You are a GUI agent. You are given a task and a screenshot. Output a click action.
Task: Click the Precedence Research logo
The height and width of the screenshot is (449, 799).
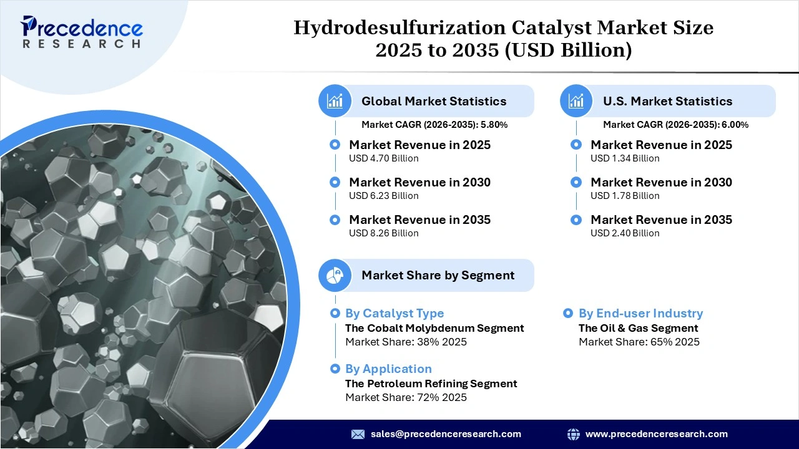[x=81, y=32]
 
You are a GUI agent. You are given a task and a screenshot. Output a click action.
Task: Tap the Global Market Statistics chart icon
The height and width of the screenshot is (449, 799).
[x=335, y=101]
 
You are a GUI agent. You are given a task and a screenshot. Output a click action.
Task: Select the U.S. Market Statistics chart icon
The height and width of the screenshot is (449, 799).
[x=577, y=101]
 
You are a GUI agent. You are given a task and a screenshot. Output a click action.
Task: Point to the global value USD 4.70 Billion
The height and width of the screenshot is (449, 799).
[x=383, y=158]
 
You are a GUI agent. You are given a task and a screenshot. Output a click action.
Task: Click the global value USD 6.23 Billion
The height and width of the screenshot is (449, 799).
[x=383, y=196]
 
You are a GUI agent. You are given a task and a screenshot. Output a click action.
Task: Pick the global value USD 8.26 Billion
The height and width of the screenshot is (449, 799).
[x=383, y=233]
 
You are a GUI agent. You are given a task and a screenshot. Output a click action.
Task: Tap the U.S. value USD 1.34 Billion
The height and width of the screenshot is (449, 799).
[x=625, y=158]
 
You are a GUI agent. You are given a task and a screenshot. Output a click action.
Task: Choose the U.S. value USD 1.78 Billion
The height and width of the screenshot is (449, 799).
[x=625, y=196]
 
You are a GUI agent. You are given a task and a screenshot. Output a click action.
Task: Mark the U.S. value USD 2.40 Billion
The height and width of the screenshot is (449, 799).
[x=625, y=233]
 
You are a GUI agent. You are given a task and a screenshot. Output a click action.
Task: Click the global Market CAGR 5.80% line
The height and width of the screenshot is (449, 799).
[x=434, y=125]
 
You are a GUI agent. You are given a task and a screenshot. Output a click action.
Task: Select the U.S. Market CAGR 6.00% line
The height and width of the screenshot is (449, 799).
[x=675, y=125]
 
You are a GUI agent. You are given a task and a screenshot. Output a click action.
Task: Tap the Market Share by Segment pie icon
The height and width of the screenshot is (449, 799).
[x=335, y=275]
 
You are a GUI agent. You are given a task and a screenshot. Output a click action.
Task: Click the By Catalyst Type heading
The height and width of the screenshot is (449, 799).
[x=395, y=314]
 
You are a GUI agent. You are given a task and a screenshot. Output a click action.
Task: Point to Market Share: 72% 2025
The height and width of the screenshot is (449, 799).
[x=406, y=397]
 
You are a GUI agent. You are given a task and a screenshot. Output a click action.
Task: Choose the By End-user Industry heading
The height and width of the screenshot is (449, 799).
[x=640, y=314]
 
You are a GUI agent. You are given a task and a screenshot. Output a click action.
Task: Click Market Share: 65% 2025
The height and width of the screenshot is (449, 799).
[x=639, y=342]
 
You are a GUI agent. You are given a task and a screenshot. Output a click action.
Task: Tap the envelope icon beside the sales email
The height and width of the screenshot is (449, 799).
[x=358, y=434]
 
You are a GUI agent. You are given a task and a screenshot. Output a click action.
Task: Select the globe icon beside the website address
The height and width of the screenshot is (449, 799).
[x=573, y=434]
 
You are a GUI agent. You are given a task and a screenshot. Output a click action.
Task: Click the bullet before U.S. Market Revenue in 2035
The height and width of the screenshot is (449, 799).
[x=577, y=220]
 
